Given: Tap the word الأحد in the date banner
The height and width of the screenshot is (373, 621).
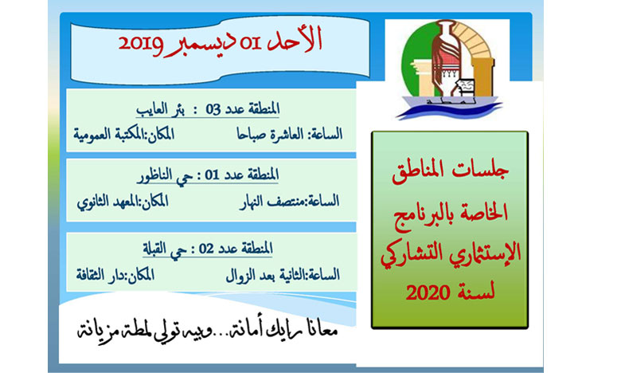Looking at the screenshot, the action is click(295, 40).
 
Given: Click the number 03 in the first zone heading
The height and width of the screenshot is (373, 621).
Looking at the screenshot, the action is click(213, 109).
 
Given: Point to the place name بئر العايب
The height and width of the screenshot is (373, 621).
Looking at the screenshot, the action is click(160, 109).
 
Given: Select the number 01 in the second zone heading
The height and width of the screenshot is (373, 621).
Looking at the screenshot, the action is click(213, 175).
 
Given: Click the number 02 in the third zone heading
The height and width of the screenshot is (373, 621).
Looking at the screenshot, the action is click(206, 249).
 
